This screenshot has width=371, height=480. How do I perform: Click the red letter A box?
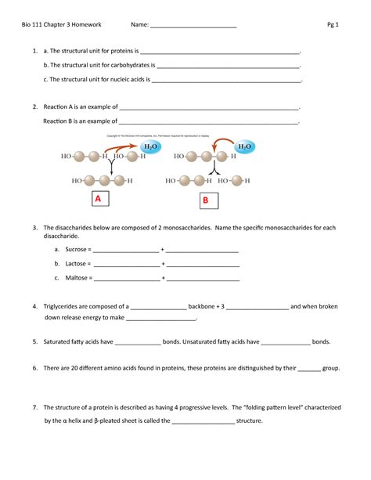pos(99,200)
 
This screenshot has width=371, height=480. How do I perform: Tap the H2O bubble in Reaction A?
pos(150,146)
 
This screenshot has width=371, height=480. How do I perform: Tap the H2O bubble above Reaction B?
pos(244,146)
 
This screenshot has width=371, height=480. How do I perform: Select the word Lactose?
pos(75,263)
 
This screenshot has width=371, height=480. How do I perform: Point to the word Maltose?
pos(75,277)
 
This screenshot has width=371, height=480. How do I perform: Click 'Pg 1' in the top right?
pos(333,24)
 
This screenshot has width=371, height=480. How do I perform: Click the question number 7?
pos(35,407)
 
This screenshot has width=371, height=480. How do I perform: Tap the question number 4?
pos(35,306)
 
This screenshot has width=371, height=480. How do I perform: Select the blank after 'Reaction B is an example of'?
pos(208,121)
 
